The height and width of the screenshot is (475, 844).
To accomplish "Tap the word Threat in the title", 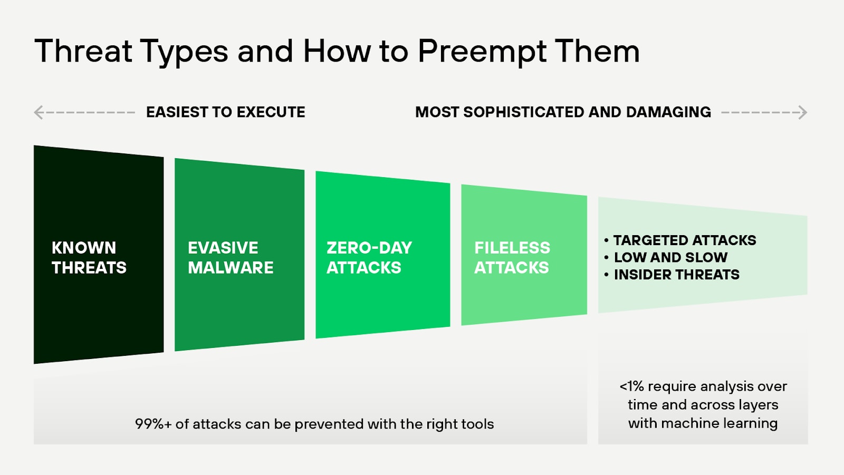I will tap(83, 51).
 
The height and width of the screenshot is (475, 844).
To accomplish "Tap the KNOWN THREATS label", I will tap(89, 258).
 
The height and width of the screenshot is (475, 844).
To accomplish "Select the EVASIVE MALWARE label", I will tap(231, 258).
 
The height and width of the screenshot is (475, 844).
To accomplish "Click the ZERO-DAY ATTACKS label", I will tap(369, 258).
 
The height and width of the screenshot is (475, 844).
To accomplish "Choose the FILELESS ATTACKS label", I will tap(512, 258).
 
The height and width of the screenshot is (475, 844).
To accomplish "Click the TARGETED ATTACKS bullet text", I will tap(684, 240).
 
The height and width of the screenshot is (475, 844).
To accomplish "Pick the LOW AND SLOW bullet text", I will tap(670, 257).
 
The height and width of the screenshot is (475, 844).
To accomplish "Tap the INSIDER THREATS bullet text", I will tap(676, 275).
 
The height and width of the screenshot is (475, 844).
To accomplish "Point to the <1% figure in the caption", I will tap(631, 386).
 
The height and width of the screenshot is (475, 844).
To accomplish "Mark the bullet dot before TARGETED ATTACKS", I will tap(607, 240).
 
